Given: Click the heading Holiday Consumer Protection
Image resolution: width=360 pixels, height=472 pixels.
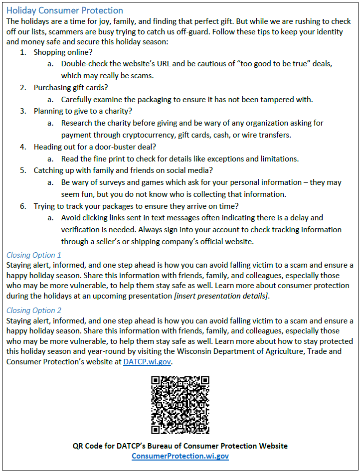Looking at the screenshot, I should [65, 10].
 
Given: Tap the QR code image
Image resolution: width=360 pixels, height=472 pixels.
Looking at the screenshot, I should [180, 405].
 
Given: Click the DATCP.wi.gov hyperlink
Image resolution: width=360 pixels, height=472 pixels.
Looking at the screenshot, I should [147, 362].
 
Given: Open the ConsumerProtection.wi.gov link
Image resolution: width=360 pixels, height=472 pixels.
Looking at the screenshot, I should [180, 456].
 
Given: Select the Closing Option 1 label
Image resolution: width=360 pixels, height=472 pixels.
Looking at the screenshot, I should [34, 255].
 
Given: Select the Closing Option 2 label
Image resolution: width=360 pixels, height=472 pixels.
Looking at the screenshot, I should [34, 310].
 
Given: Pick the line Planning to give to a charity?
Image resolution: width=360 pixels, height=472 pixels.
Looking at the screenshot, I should [83, 111].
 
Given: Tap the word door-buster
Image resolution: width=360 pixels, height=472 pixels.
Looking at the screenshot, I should [113, 147].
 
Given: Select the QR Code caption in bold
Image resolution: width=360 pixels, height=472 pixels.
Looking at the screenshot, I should [180, 446].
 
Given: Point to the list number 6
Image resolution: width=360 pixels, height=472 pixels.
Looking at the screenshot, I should [22, 206].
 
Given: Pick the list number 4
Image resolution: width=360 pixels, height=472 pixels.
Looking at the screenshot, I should [22, 147].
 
